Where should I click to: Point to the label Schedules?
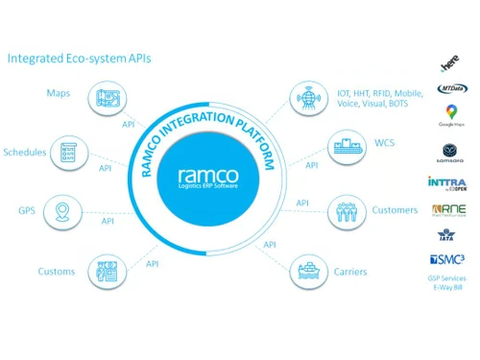point(25,153)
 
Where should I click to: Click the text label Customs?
point(56,272)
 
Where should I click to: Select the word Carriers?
point(351,272)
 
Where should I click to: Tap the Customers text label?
point(395,210)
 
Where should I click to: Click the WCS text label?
point(384,145)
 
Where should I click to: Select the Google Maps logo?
point(452,117)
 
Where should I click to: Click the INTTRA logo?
point(452,182)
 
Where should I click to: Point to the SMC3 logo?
point(452,258)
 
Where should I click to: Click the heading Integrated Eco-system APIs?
point(79,59)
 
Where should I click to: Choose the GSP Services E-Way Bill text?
point(452,282)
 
